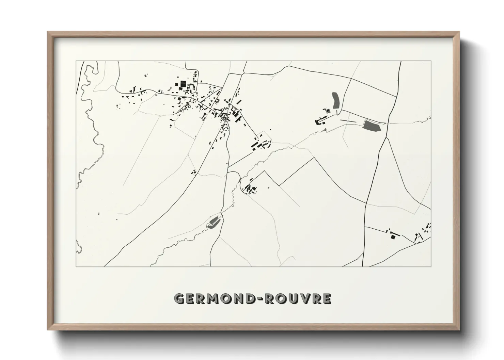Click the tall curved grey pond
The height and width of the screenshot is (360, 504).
[x=335, y=100]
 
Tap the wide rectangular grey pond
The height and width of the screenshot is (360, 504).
[x=372, y=126]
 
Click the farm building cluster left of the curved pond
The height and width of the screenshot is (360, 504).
[x=322, y=119]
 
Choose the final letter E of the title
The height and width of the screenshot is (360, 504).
[x=327, y=298]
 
